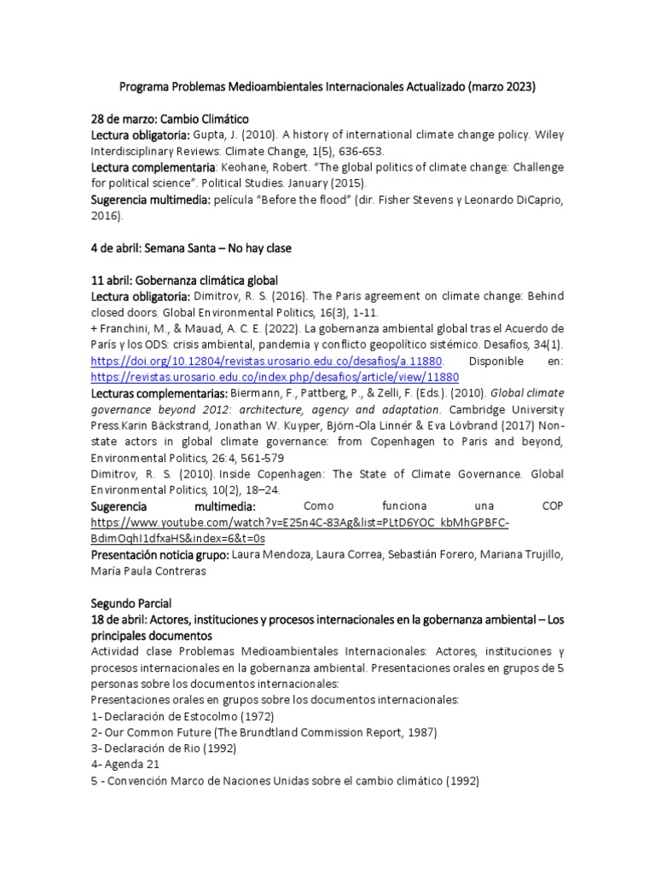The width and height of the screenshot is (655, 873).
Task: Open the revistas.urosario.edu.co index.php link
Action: click(x=275, y=377)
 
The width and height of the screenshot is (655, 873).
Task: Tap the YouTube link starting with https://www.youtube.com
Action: click(x=300, y=523)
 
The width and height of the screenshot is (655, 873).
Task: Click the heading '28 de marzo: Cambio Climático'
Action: click(x=170, y=119)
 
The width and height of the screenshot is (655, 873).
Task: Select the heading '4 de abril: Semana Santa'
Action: click(x=191, y=248)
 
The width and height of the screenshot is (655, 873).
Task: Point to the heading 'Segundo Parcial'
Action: click(x=131, y=603)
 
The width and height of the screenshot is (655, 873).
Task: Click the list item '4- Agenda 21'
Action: click(x=125, y=764)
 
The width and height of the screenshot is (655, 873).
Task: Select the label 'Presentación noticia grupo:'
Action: click(x=159, y=555)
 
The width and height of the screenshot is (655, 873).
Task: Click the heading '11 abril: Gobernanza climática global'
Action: click(x=185, y=280)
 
